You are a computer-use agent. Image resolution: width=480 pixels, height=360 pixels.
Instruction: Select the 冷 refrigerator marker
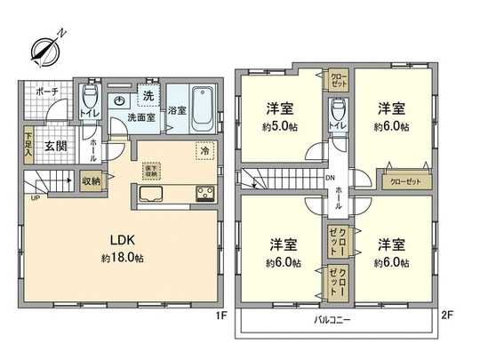[204, 150]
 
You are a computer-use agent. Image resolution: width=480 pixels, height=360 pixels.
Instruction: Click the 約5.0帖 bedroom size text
[279, 127]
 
